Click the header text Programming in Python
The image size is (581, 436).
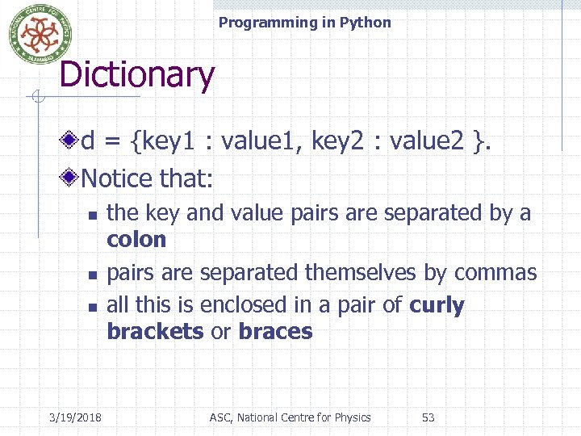(304, 23)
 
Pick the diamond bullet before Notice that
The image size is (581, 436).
(73, 177)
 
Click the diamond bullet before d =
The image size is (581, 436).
(73, 142)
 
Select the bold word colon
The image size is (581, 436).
(136, 240)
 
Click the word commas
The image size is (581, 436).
(500, 273)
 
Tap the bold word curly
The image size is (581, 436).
(437, 306)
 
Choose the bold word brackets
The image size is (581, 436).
(155, 332)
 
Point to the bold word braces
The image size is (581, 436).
(275, 332)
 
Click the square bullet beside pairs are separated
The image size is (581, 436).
(92, 275)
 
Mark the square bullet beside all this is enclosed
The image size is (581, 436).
(92, 308)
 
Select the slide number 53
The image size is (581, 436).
(428, 417)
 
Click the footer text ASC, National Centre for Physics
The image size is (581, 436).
(290, 417)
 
